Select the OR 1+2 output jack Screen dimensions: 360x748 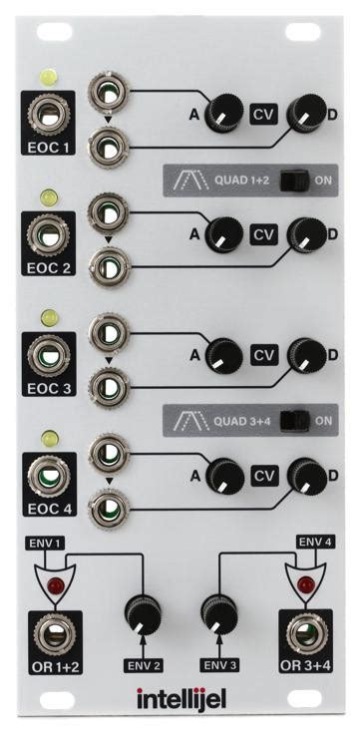tap(47, 632)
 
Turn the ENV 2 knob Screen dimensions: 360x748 tap(143, 613)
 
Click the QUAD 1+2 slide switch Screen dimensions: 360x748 tap(292, 181)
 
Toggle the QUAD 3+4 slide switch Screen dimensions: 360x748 tap(292, 420)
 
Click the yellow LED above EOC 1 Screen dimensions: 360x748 tap(47, 76)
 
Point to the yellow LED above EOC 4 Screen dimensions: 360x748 tap(47, 436)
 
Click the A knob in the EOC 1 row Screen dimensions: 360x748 tap(222, 116)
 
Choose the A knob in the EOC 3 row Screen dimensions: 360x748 tap(222, 354)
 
